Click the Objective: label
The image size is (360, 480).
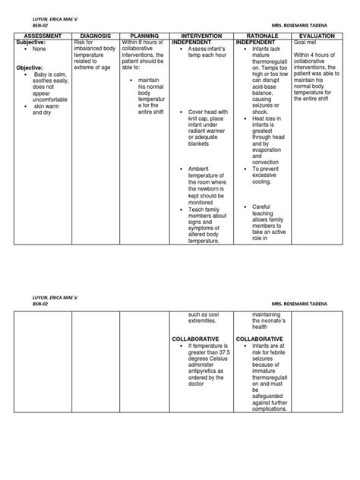tap(31, 68)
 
